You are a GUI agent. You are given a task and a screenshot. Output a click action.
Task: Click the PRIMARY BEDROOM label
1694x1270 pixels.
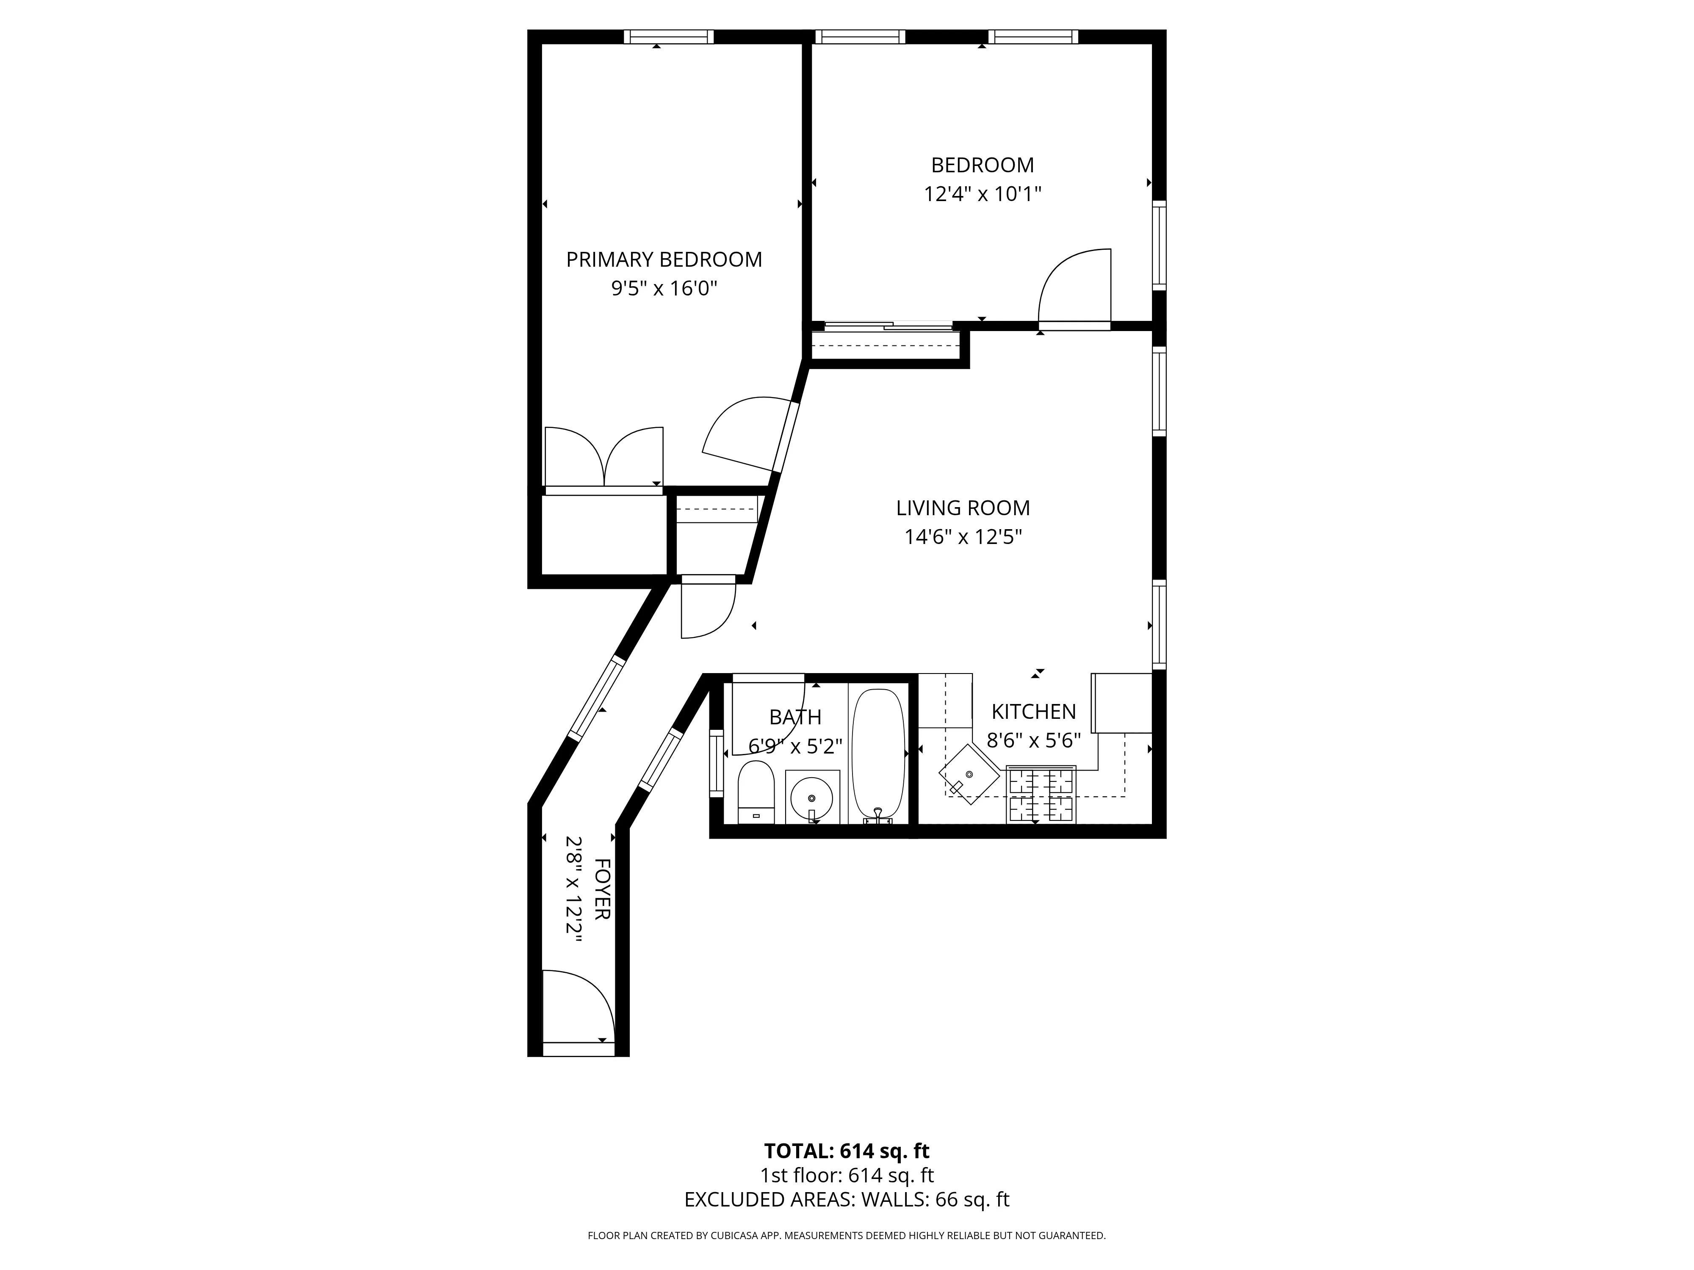(x=664, y=260)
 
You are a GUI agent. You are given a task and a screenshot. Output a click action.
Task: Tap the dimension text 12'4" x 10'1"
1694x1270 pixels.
(x=983, y=194)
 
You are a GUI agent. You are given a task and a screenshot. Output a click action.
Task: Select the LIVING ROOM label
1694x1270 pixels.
(x=963, y=508)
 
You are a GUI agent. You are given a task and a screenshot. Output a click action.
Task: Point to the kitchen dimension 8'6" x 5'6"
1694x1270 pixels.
(x=1033, y=740)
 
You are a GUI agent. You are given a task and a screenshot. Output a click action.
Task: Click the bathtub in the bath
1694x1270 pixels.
(x=878, y=754)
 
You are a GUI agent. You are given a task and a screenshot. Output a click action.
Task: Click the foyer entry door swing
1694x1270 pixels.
(x=578, y=1005)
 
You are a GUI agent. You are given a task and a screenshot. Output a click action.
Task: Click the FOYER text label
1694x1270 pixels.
(x=602, y=889)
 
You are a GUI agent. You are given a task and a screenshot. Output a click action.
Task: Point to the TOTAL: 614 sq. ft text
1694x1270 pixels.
(x=846, y=1172)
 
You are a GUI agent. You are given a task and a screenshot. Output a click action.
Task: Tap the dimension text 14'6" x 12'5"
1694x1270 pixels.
(x=963, y=537)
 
